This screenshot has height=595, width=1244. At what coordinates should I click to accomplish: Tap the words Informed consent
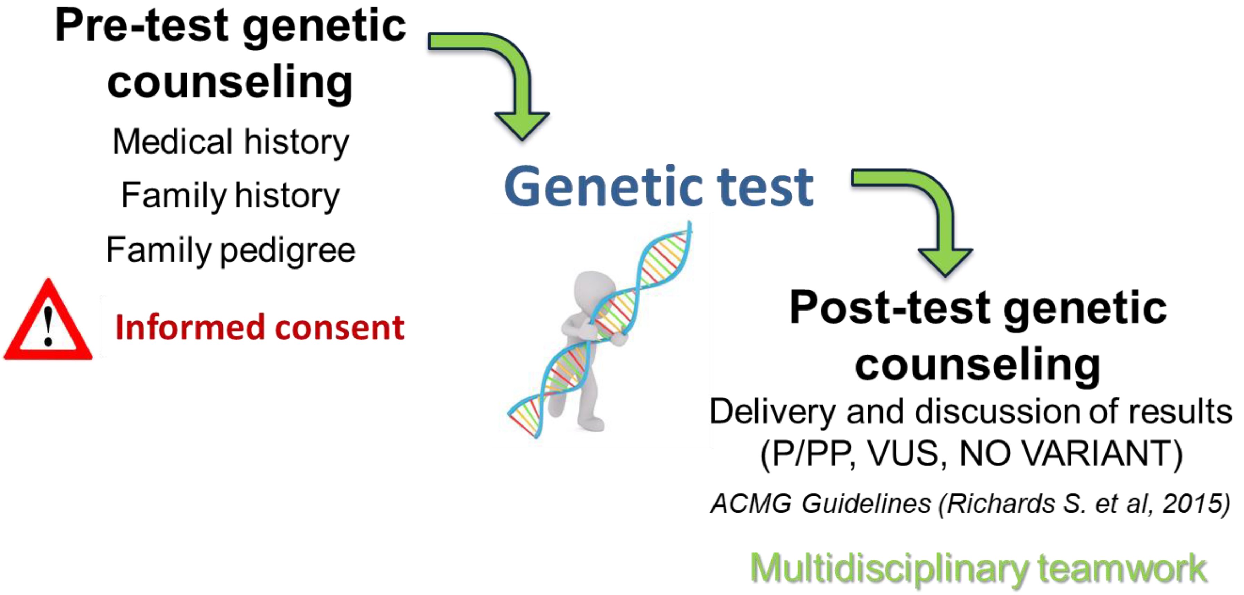coord(260,328)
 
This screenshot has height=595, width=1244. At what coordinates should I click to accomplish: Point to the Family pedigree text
coord(230,250)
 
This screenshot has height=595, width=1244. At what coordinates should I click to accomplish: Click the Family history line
coord(230,196)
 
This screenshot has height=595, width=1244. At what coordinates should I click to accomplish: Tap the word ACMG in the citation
coord(751,503)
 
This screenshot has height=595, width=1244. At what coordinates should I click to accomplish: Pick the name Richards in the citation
coord(1000,503)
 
